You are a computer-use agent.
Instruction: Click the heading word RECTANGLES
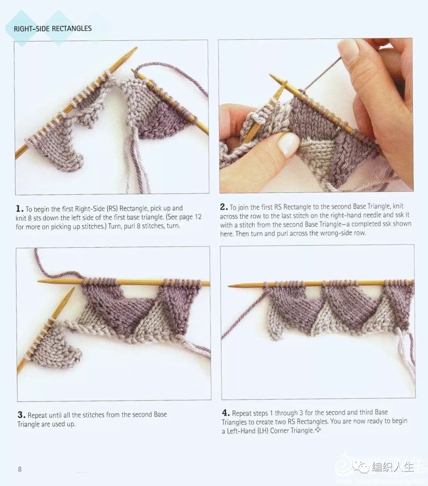point(72,28)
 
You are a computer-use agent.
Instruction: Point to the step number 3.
point(21,414)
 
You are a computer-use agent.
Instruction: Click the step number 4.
point(226,413)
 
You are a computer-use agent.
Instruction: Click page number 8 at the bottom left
point(20,469)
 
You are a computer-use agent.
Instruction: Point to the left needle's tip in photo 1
point(136,48)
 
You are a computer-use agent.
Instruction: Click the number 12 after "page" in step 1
point(198,217)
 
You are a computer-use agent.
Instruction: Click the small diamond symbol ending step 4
point(318,430)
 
